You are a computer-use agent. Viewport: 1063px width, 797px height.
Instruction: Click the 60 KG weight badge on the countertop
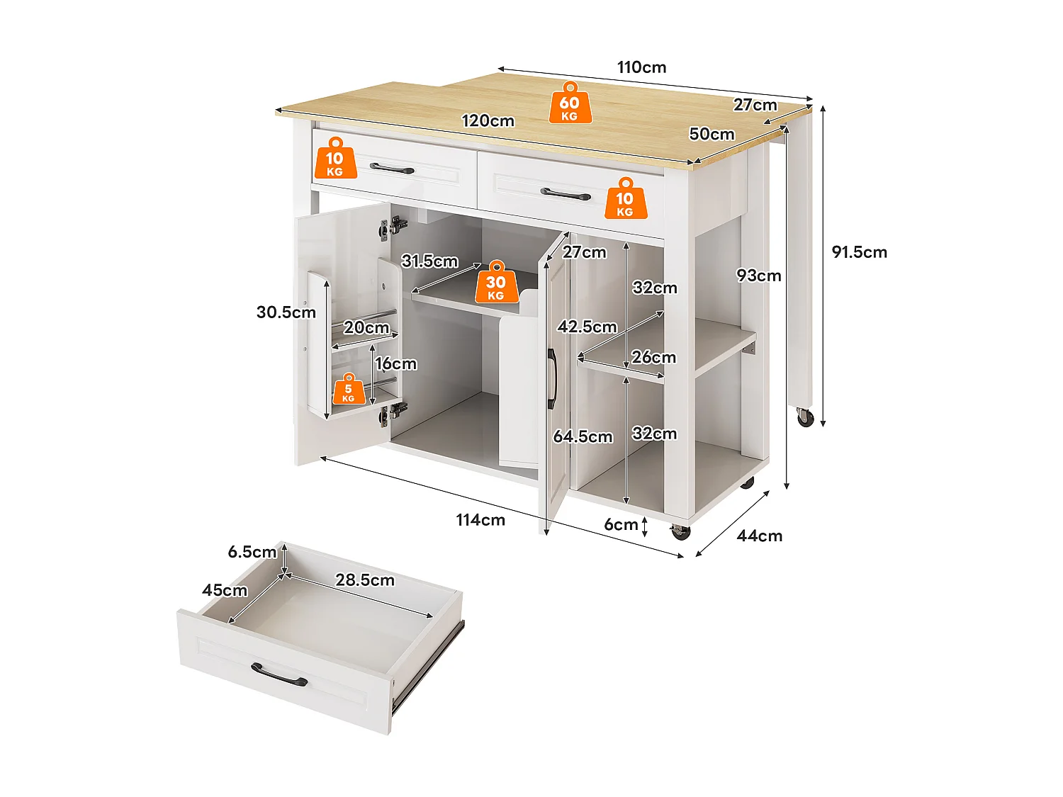(570, 103)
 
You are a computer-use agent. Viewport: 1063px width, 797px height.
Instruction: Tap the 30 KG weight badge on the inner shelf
(496, 282)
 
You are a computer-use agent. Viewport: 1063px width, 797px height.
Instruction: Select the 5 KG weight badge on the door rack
(348, 390)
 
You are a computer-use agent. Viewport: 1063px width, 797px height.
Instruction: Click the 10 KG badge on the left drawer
(334, 159)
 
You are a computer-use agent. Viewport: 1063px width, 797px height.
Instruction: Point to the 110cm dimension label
(641, 67)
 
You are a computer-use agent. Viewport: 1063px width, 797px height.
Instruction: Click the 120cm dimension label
(488, 120)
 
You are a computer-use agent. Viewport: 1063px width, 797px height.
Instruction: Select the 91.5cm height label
(859, 252)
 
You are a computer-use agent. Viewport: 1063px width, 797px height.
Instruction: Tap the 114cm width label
(480, 520)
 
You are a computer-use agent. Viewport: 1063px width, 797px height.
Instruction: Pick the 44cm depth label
(759, 536)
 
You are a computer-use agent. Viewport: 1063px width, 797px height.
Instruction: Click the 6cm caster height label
(621, 525)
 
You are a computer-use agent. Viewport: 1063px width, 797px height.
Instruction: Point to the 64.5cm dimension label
(583, 436)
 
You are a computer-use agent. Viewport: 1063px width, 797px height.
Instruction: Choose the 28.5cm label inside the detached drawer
(364, 580)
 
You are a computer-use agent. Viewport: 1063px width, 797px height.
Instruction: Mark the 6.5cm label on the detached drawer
(252, 552)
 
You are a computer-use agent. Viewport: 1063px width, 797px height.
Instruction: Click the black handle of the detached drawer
(279, 674)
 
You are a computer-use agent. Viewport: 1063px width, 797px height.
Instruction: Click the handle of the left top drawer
(392, 169)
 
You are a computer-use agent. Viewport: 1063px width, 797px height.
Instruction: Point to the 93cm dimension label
(758, 276)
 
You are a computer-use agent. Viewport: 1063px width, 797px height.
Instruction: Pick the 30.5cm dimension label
(286, 312)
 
